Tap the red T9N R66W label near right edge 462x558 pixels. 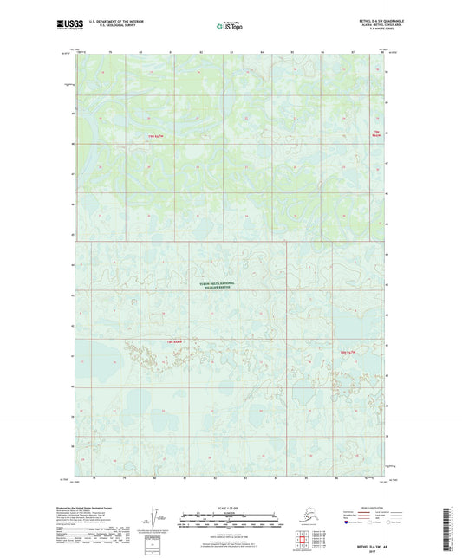click(375, 133)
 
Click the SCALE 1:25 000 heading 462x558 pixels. click(231, 507)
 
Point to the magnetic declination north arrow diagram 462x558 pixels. click(154, 520)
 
